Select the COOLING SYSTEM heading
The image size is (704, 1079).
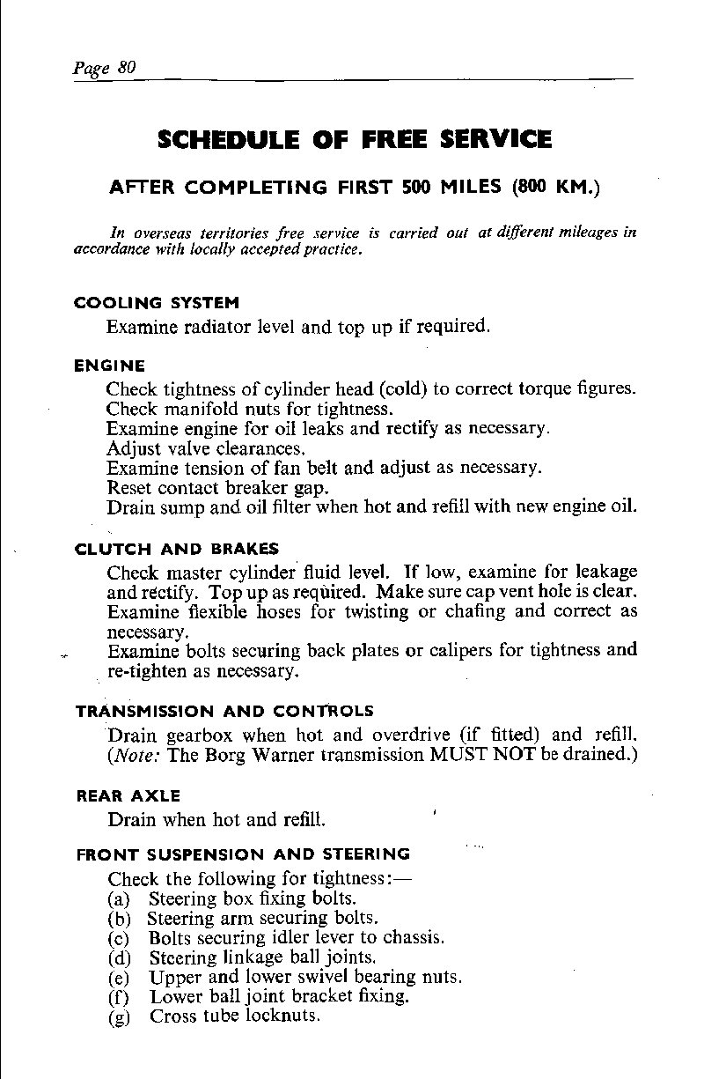157,303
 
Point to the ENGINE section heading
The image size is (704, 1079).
110,365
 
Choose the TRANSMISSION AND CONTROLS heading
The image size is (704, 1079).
224,711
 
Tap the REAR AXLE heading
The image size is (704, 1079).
128,796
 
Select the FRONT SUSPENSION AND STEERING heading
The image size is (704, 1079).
243,854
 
